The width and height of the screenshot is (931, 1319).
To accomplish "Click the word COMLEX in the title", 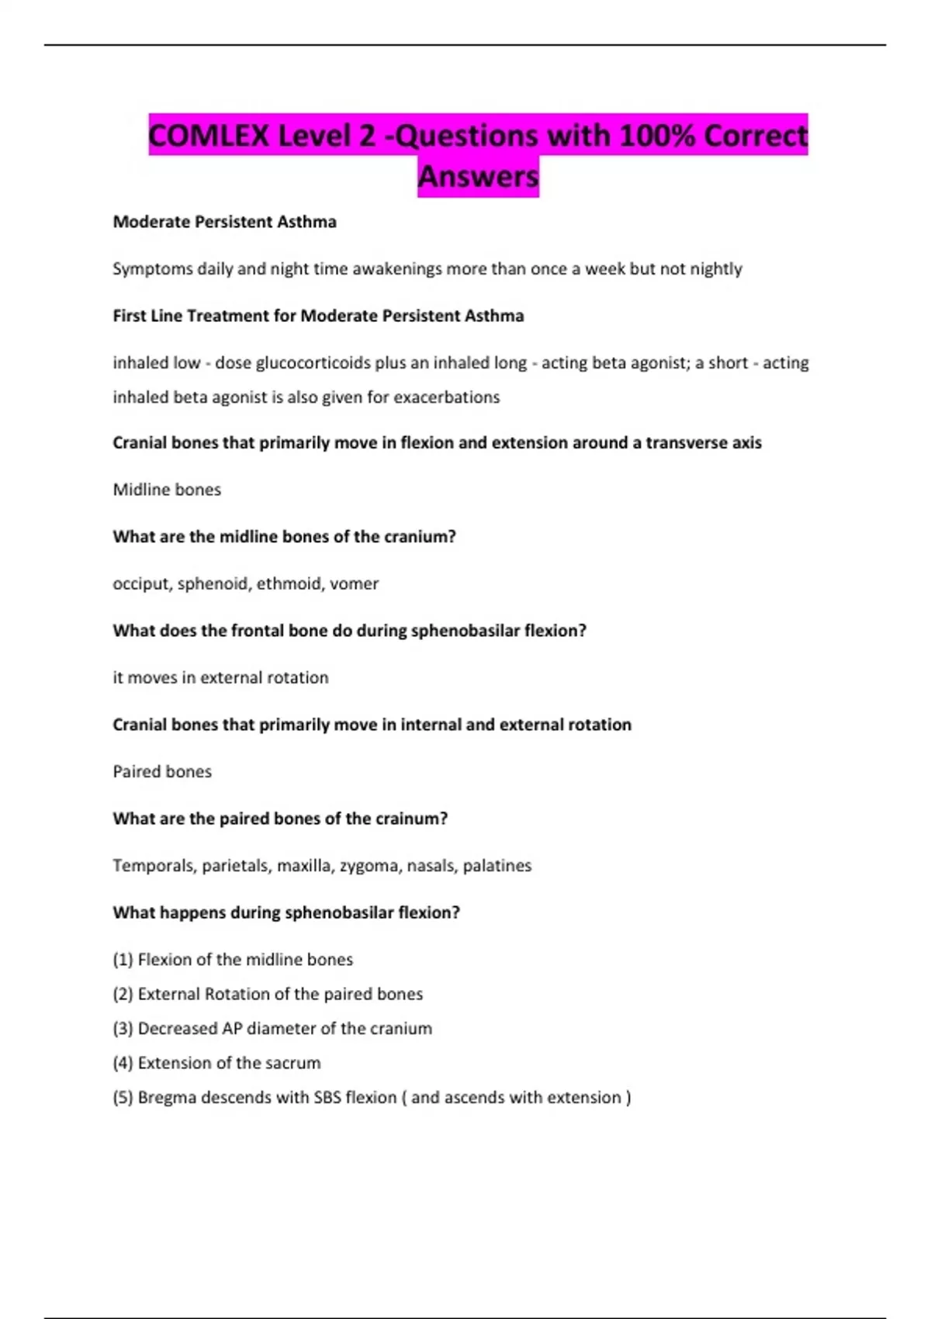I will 208,136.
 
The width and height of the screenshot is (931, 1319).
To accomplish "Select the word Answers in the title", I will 478,176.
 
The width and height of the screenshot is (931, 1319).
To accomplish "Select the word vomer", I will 354,583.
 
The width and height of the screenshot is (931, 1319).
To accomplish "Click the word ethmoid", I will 288,583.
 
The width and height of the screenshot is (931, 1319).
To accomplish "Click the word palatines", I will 497,865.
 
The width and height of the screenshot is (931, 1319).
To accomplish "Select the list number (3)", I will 123,1028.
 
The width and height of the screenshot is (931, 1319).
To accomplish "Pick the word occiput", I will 140,583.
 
